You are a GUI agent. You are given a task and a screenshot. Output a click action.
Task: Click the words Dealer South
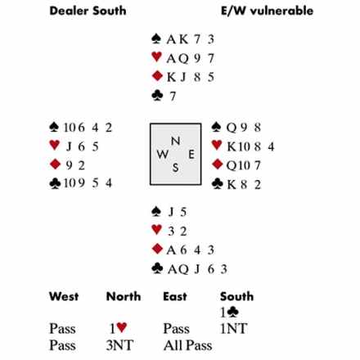tap(88, 11)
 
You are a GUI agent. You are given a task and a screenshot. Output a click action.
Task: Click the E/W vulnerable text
tap(268, 11)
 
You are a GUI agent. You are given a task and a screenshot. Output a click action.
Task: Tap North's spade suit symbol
tap(156, 38)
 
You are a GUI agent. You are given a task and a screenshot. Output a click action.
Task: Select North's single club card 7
tap(173, 97)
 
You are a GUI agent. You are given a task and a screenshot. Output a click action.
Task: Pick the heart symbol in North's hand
tap(156, 56)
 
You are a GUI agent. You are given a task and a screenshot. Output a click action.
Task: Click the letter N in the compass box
tap(175, 141)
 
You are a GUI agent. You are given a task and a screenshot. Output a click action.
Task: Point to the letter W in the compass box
tap(162, 155)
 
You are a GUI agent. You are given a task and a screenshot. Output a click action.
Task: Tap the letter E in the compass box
tap(191, 155)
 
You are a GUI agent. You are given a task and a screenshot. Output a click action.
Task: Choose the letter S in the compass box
tap(176, 168)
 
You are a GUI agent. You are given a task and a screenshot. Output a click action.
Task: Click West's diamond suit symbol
tap(55, 164)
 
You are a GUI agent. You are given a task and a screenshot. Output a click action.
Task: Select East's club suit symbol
tap(218, 183)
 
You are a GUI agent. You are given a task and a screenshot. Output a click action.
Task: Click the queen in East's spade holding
tap(232, 128)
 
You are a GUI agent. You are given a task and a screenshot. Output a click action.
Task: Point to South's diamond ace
tap(171, 250)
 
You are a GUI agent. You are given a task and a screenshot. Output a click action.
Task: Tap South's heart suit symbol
tap(156, 230)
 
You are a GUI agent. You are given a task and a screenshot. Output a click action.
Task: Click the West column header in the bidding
tap(64, 296)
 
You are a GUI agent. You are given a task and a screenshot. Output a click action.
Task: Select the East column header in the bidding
tap(175, 296)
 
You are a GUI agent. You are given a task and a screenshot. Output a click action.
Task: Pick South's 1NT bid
tap(234, 329)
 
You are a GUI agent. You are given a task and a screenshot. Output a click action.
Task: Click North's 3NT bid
tap(119, 345)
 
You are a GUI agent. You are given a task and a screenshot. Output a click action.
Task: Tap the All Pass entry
tap(187, 345)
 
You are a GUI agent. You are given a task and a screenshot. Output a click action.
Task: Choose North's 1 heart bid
tap(118, 328)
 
